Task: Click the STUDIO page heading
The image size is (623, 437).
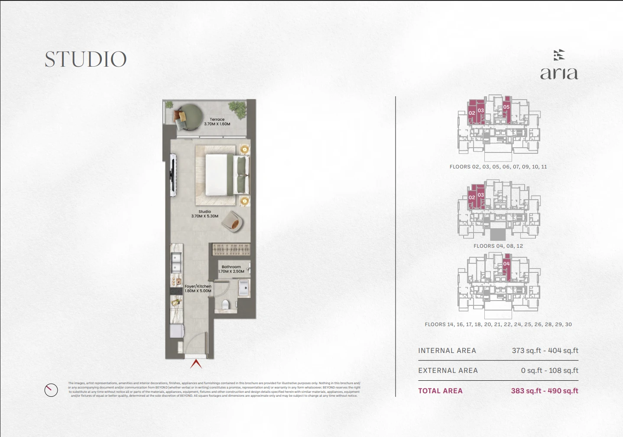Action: tap(85, 59)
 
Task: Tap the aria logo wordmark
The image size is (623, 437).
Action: tap(559, 73)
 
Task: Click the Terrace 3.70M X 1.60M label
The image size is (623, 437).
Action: tap(217, 122)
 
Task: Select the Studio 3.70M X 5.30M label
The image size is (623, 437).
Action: tap(204, 214)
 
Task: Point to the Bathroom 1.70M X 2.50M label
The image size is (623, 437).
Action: tap(231, 269)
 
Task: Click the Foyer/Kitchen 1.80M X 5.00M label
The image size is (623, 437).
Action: tap(198, 288)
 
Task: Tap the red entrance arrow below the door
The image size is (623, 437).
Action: tap(196, 364)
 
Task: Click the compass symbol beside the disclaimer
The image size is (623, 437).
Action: tap(51, 390)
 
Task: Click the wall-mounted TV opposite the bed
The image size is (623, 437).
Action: tap(173, 175)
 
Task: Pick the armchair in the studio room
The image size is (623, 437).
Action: tap(233, 221)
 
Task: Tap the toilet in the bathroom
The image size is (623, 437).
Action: tap(225, 304)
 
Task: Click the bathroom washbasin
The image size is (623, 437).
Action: tap(243, 288)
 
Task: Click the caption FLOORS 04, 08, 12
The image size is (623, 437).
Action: tap(498, 246)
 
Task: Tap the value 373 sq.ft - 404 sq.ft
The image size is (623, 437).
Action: tap(545, 351)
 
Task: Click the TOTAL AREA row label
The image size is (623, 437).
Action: tap(440, 391)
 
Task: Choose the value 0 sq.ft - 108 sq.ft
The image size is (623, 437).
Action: tap(549, 371)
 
